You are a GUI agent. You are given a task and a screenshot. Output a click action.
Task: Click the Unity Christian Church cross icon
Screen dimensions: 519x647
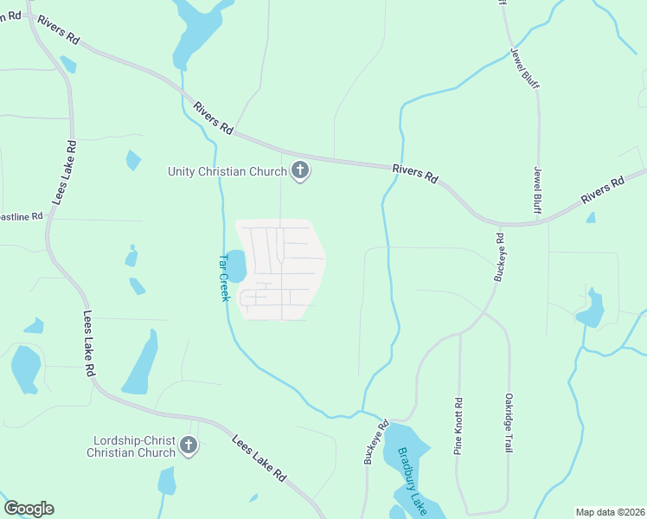tap(300, 170)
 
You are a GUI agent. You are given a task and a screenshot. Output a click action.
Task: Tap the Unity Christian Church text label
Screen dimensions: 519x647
tap(227, 171)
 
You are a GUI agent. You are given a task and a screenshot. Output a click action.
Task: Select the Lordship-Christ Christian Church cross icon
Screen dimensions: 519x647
tap(189, 446)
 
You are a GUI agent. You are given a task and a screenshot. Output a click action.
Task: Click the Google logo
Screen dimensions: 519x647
tap(29, 509)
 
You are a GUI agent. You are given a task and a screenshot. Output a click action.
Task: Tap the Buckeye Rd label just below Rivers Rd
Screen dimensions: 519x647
tap(499, 256)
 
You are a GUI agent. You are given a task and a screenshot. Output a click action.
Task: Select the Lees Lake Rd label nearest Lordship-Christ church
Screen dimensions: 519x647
tap(259, 458)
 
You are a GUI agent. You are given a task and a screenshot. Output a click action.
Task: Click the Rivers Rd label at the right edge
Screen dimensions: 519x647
tap(603, 191)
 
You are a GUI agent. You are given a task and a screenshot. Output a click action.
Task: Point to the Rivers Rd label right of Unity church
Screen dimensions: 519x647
tap(413, 173)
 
